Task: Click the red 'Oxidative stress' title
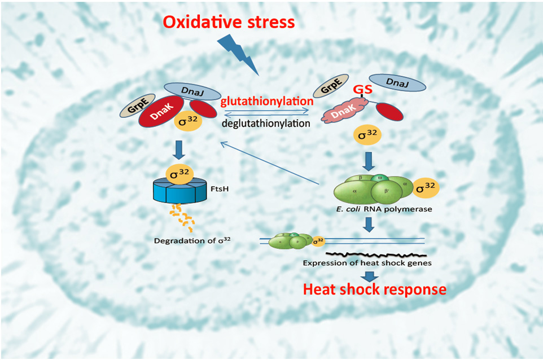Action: [x=229, y=22]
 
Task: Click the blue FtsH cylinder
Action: [x=180, y=192]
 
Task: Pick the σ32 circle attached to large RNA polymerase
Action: [x=425, y=187]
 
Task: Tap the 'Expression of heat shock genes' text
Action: [x=367, y=263]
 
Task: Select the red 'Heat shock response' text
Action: [x=374, y=289]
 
